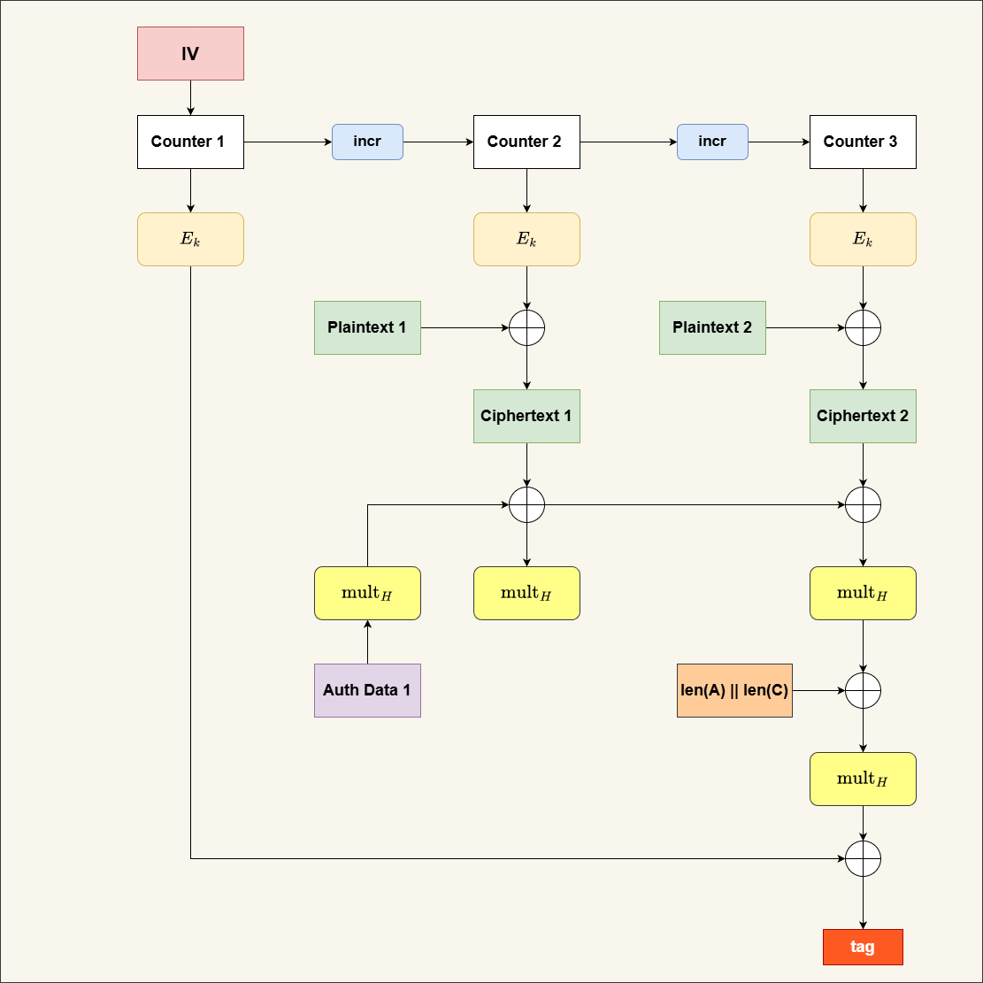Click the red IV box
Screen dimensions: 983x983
[190, 54]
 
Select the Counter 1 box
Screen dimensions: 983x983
[190, 142]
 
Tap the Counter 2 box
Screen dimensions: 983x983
[526, 142]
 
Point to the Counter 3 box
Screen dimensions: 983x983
[863, 142]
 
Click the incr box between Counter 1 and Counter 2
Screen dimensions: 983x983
[367, 142]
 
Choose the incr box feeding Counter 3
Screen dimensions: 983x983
[712, 142]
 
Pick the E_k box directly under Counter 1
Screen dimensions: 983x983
[190, 239]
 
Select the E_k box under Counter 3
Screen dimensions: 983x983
[863, 239]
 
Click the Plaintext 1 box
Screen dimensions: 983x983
[367, 327]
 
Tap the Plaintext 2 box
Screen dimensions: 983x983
[712, 327]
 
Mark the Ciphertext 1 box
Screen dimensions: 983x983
[526, 416]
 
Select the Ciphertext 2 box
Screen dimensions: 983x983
[863, 416]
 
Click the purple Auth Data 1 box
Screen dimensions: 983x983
[367, 690]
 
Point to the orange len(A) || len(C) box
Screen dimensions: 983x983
[734, 690]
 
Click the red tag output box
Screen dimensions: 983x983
[863, 947]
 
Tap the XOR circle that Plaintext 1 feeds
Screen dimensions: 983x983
[527, 328]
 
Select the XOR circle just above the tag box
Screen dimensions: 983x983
[864, 858]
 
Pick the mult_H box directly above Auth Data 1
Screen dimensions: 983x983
[367, 593]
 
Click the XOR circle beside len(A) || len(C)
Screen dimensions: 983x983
[864, 690]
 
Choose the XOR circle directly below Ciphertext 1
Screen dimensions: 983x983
[527, 505]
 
